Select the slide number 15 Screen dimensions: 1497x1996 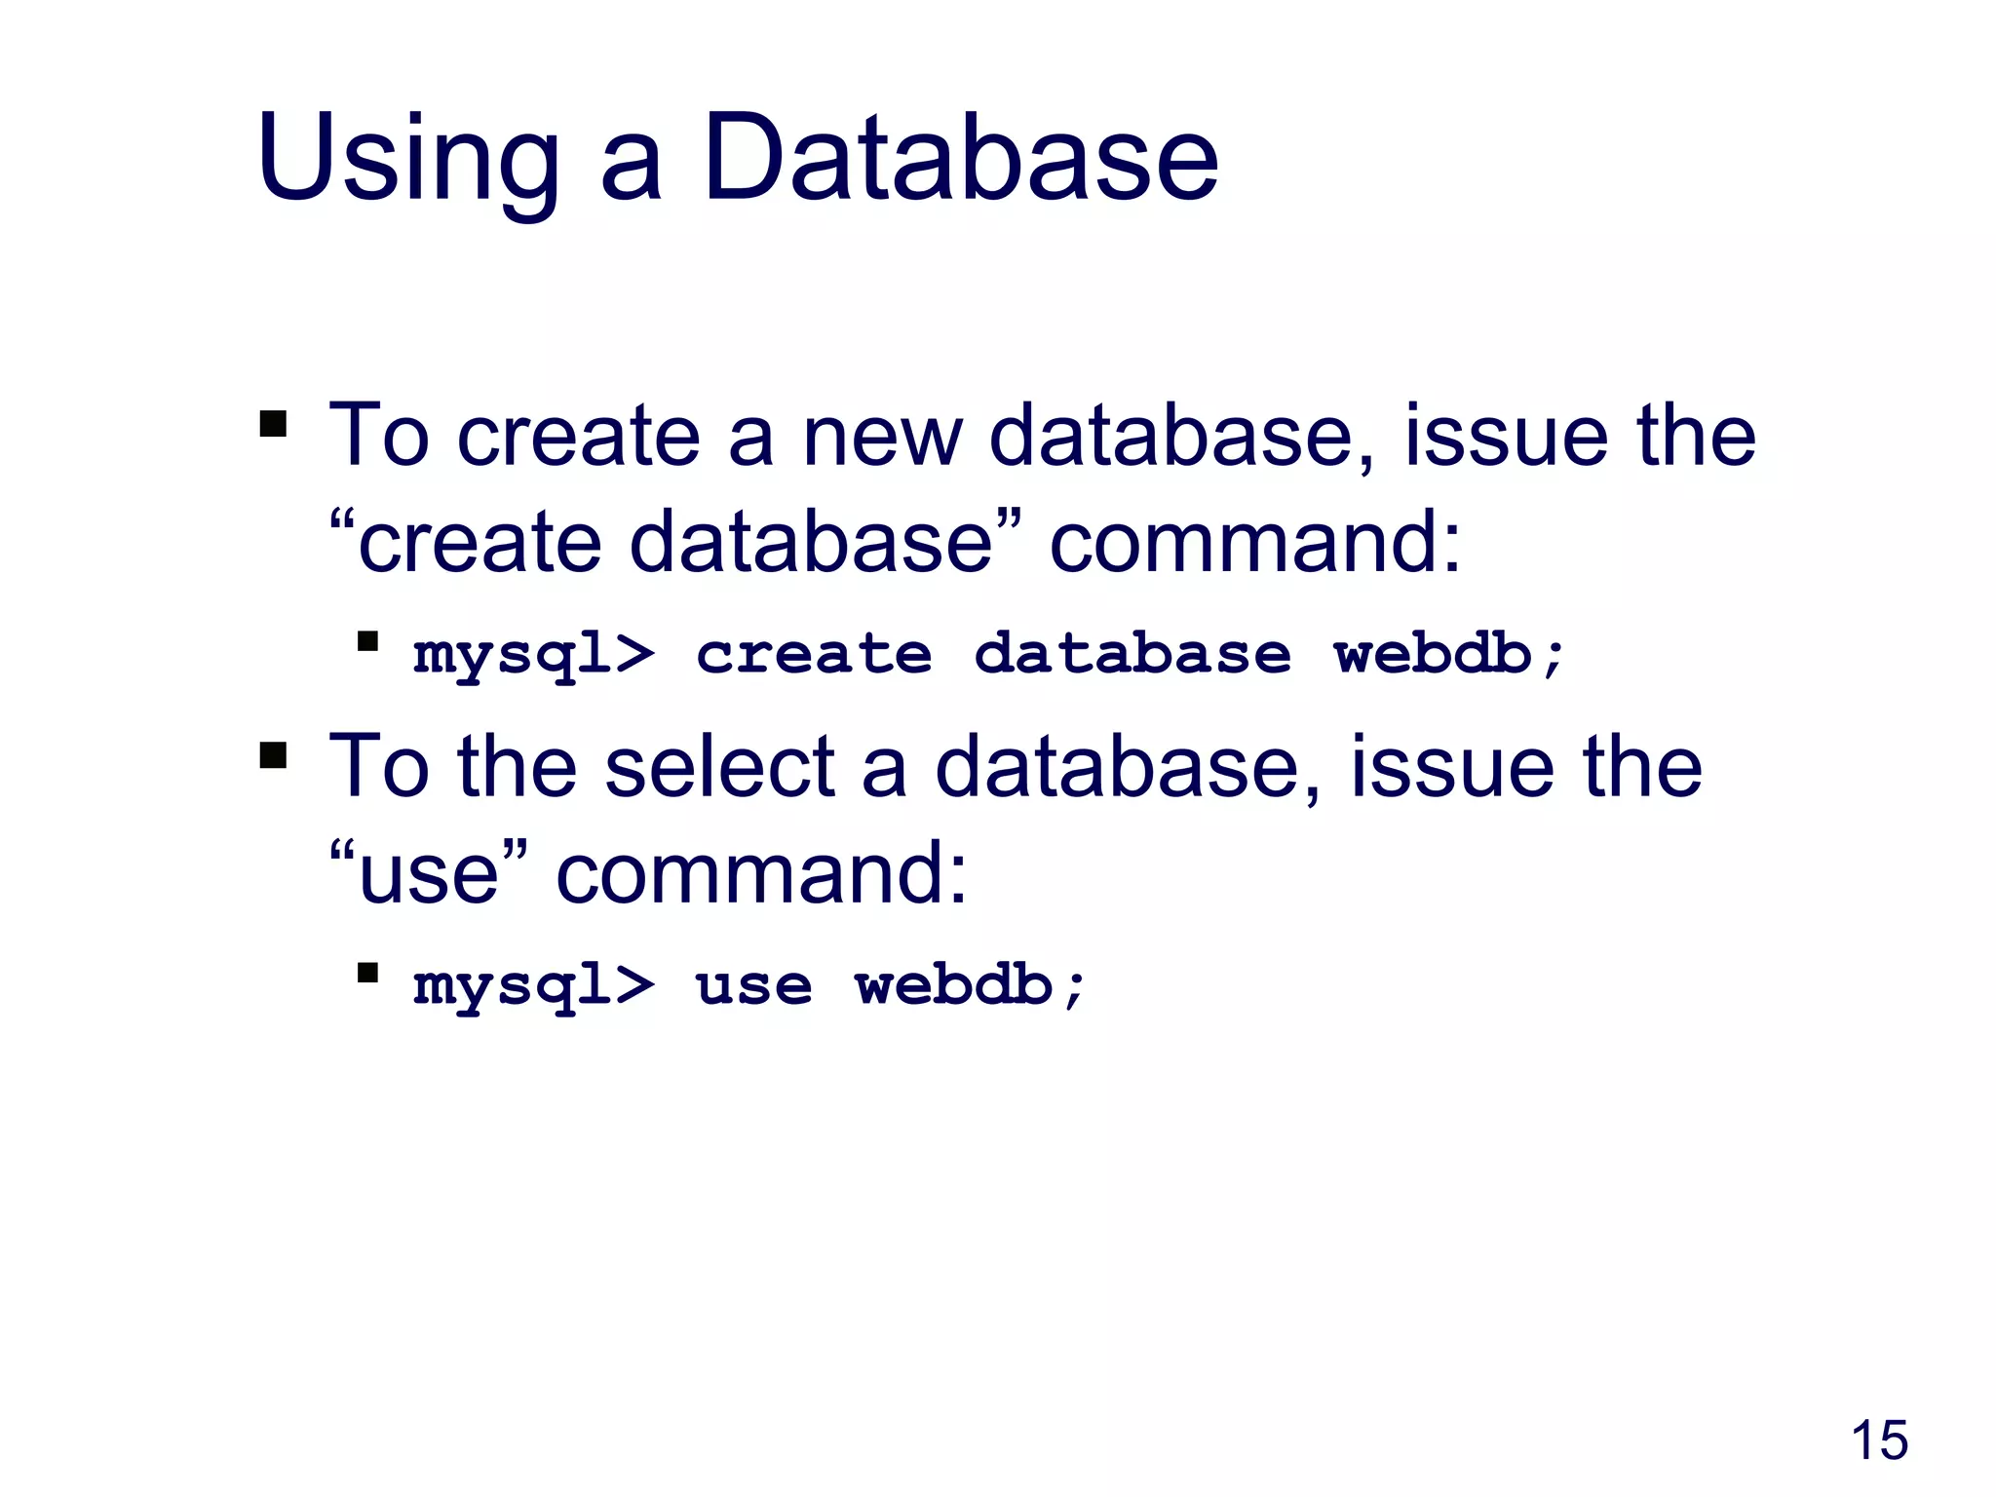[x=1878, y=1440]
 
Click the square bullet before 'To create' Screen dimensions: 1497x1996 [x=274, y=424]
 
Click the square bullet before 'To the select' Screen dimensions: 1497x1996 [x=274, y=755]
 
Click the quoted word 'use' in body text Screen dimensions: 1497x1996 [x=429, y=874]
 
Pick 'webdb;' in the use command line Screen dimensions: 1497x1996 [x=969, y=985]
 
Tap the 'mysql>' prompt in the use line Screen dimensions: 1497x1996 [x=533, y=987]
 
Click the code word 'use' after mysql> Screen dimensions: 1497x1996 [x=752, y=986]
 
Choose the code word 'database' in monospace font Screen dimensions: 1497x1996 [x=1132, y=653]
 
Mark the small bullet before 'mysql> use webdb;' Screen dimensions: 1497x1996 [x=367, y=973]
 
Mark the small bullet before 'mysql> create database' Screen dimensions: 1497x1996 [x=367, y=641]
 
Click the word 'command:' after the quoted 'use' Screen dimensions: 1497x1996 [x=761, y=874]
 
